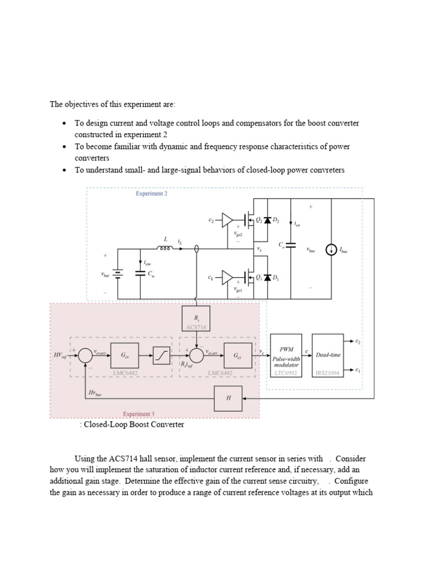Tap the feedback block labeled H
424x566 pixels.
[228, 399]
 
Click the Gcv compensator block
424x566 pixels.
[125, 356]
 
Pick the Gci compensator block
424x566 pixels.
[237, 356]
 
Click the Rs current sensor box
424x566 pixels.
[196, 319]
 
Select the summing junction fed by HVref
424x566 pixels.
[85, 356]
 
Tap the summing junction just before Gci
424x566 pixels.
[197, 356]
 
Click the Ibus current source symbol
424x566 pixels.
[330, 250]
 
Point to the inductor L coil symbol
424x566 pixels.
[165, 248]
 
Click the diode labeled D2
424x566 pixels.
[268, 221]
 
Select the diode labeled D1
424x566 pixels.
[268, 277]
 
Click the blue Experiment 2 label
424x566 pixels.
[152, 194]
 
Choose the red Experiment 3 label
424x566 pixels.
[137, 413]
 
